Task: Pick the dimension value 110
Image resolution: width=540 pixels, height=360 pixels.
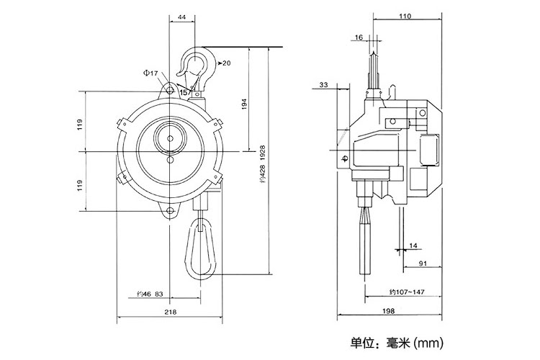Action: coord(405,16)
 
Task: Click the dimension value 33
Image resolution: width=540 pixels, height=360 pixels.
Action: coord(323,85)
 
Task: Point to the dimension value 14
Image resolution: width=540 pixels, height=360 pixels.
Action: coord(413,246)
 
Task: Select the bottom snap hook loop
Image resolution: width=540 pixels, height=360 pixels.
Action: coord(200,248)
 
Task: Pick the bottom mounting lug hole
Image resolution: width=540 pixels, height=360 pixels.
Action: coord(171,211)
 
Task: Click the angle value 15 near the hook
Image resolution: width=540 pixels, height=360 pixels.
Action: coord(184,92)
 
